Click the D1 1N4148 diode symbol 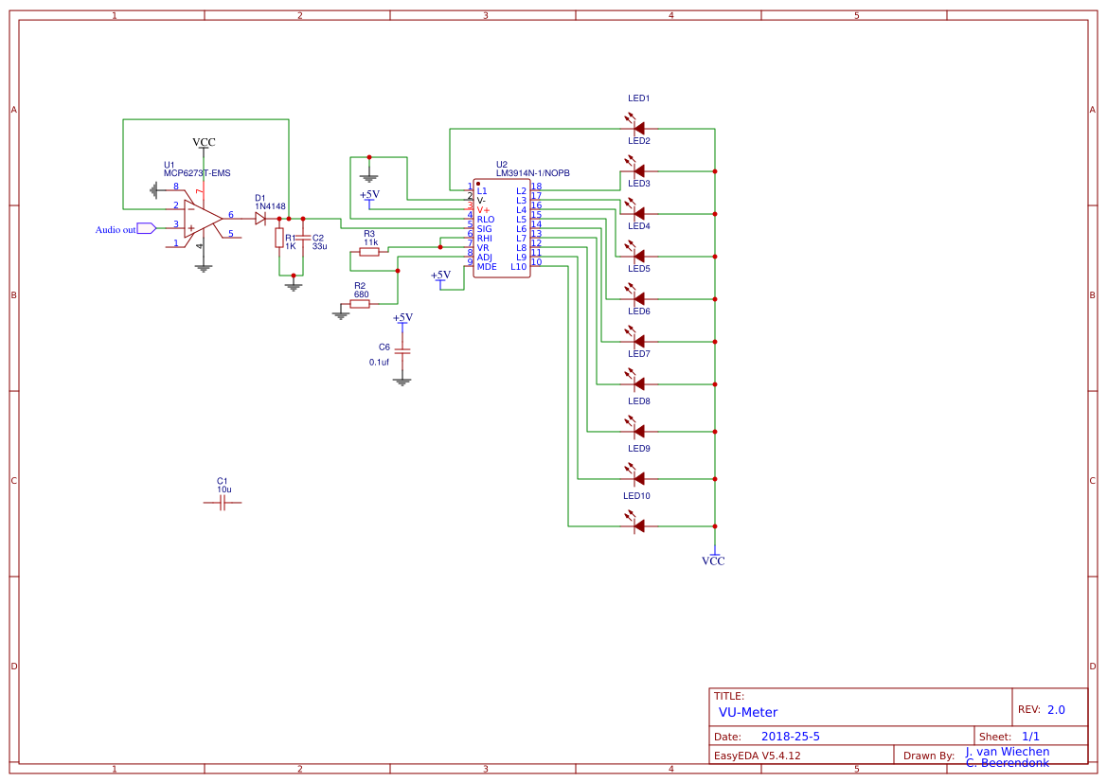(x=260, y=218)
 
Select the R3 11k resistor (x=369, y=252)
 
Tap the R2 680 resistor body (x=360, y=304)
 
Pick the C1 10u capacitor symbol (x=223, y=503)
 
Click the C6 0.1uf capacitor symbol (x=402, y=349)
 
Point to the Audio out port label (x=116, y=229)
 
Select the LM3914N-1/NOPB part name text (x=532, y=173)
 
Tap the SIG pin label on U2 (x=484, y=229)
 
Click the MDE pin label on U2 (x=486, y=267)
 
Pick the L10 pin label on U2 (x=518, y=267)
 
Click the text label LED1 (x=638, y=98)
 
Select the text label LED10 (x=635, y=496)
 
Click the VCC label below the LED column (x=713, y=561)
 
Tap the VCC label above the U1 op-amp (x=204, y=142)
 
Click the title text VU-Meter (x=748, y=712)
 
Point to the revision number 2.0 (x=1056, y=709)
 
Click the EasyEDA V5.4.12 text (x=757, y=756)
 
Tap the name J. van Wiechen (x=1008, y=752)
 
